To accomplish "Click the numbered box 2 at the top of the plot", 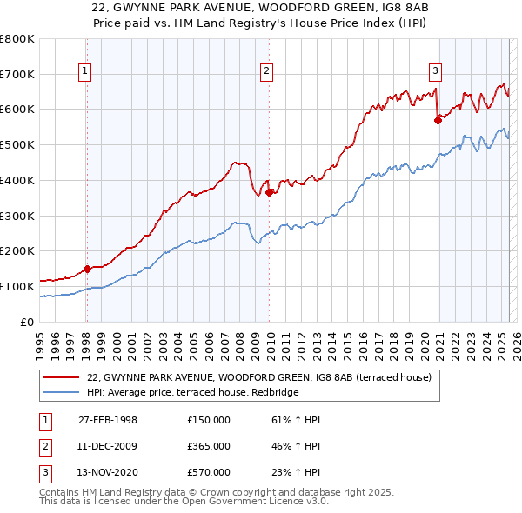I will (x=266, y=72).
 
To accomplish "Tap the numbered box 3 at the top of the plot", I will (x=434, y=72).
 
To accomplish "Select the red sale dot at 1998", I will (x=87, y=269).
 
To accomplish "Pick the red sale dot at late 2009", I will (x=270, y=192).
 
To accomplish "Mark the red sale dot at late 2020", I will (x=438, y=120).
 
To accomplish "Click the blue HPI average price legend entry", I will (x=192, y=393).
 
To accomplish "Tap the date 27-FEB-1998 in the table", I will (x=108, y=420).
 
